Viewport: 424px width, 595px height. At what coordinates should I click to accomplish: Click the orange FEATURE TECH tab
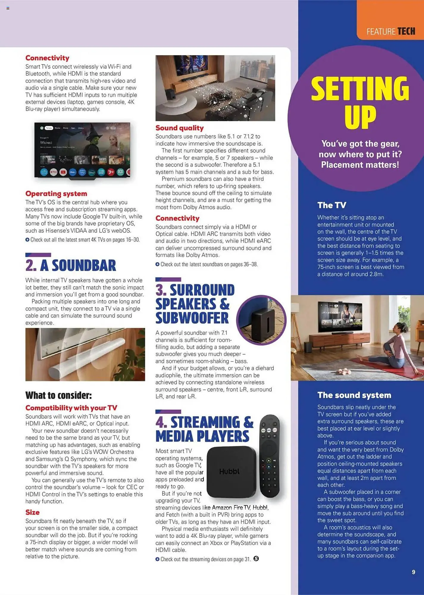[x=390, y=20]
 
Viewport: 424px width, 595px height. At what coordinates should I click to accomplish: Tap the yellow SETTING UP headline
[x=360, y=102]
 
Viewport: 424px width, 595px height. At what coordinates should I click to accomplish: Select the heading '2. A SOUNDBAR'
[x=71, y=265]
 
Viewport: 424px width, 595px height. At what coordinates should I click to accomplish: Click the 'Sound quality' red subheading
[x=179, y=128]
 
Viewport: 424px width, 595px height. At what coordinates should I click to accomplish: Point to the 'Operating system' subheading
[x=56, y=194]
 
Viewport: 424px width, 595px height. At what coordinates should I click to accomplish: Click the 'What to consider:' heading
[x=59, y=395]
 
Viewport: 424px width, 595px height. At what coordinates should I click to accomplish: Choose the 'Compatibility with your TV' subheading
[x=71, y=408]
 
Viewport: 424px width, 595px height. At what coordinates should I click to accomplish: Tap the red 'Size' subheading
[x=32, y=512]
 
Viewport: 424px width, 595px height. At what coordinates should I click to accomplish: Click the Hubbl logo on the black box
[x=229, y=472]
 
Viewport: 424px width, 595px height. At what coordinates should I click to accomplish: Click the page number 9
[x=413, y=572]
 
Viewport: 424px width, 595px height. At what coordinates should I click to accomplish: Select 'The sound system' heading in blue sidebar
[x=354, y=395]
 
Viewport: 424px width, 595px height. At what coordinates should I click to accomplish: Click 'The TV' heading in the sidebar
[x=332, y=205]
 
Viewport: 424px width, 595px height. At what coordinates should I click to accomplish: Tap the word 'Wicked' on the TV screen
[x=46, y=143]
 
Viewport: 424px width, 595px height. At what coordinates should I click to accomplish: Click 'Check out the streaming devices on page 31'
[x=205, y=559]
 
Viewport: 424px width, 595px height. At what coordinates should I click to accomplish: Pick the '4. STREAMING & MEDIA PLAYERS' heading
[x=204, y=429]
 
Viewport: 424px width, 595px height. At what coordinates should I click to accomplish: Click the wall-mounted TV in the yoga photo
[x=340, y=317]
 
